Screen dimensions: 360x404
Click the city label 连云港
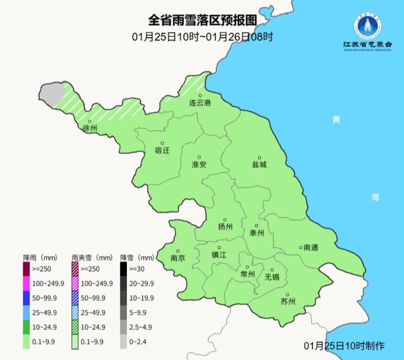click(200, 103)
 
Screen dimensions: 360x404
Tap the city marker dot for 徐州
click(89, 121)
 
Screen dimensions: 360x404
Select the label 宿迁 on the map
click(162, 151)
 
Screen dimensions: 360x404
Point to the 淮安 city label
click(199, 165)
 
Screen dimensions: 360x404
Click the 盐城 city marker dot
click(259, 158)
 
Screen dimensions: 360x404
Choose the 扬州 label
click(225, 227)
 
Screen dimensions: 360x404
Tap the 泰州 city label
click(256, 233)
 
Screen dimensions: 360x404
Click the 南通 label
click(311, 248)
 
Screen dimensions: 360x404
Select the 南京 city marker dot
click(178, 250)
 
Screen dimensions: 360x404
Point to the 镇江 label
click(219, 255)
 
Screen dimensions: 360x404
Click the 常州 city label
click(247, 274)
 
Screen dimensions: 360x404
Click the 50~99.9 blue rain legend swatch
click(26, 298)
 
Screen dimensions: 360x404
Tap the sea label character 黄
click(336, 120)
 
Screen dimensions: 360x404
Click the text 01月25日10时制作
click(344, 346)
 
